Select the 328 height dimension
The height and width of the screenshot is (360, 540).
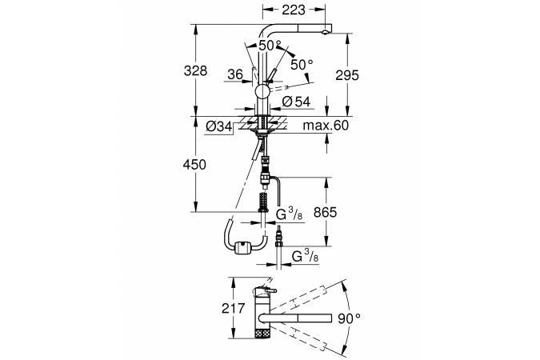pos(195,70)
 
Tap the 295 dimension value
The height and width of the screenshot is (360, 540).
pos(346,75)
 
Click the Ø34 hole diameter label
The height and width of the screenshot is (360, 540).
pos(219,126)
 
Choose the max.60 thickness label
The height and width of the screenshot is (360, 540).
pos(328,126)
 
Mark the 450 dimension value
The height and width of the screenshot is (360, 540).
pos(195,165)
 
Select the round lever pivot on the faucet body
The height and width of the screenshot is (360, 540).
pos(262,92)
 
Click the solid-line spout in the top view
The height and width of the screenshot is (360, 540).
pos(304,319)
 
